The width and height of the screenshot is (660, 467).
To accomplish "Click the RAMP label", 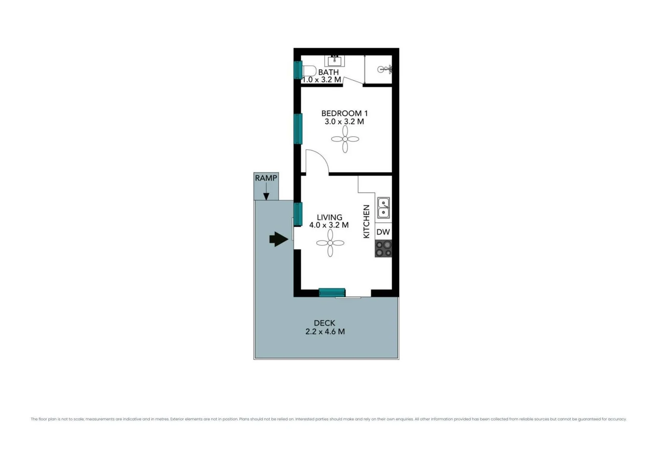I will point(266,178).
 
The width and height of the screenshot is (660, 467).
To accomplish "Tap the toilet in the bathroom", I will point(309,70).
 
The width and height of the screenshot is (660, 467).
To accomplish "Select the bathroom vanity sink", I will point(334,61).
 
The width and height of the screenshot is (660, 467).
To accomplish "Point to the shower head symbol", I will point(384,69).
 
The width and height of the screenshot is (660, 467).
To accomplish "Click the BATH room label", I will point(328,72).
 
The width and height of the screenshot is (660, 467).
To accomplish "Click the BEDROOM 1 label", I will point(344,113).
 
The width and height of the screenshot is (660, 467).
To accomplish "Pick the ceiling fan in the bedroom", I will point(345,139).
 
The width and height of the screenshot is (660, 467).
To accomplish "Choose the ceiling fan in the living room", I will point(330,243).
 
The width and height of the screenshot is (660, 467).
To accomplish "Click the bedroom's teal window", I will point(298,128).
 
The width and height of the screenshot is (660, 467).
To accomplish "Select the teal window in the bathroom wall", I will point(298,70).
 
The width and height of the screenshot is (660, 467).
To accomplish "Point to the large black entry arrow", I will point(279,239).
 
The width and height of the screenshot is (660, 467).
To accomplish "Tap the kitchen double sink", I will point(384,208).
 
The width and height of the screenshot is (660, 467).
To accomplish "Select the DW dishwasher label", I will point(383,232).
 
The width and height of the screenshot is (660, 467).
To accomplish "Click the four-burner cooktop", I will point(383,249).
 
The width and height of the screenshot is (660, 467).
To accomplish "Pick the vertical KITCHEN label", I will point(366,221).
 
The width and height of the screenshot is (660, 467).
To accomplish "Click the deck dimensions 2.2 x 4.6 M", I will point(325,332).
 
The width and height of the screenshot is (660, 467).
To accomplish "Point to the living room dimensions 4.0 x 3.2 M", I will point(329,225).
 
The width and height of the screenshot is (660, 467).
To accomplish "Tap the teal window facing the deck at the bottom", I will point(332,293).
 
